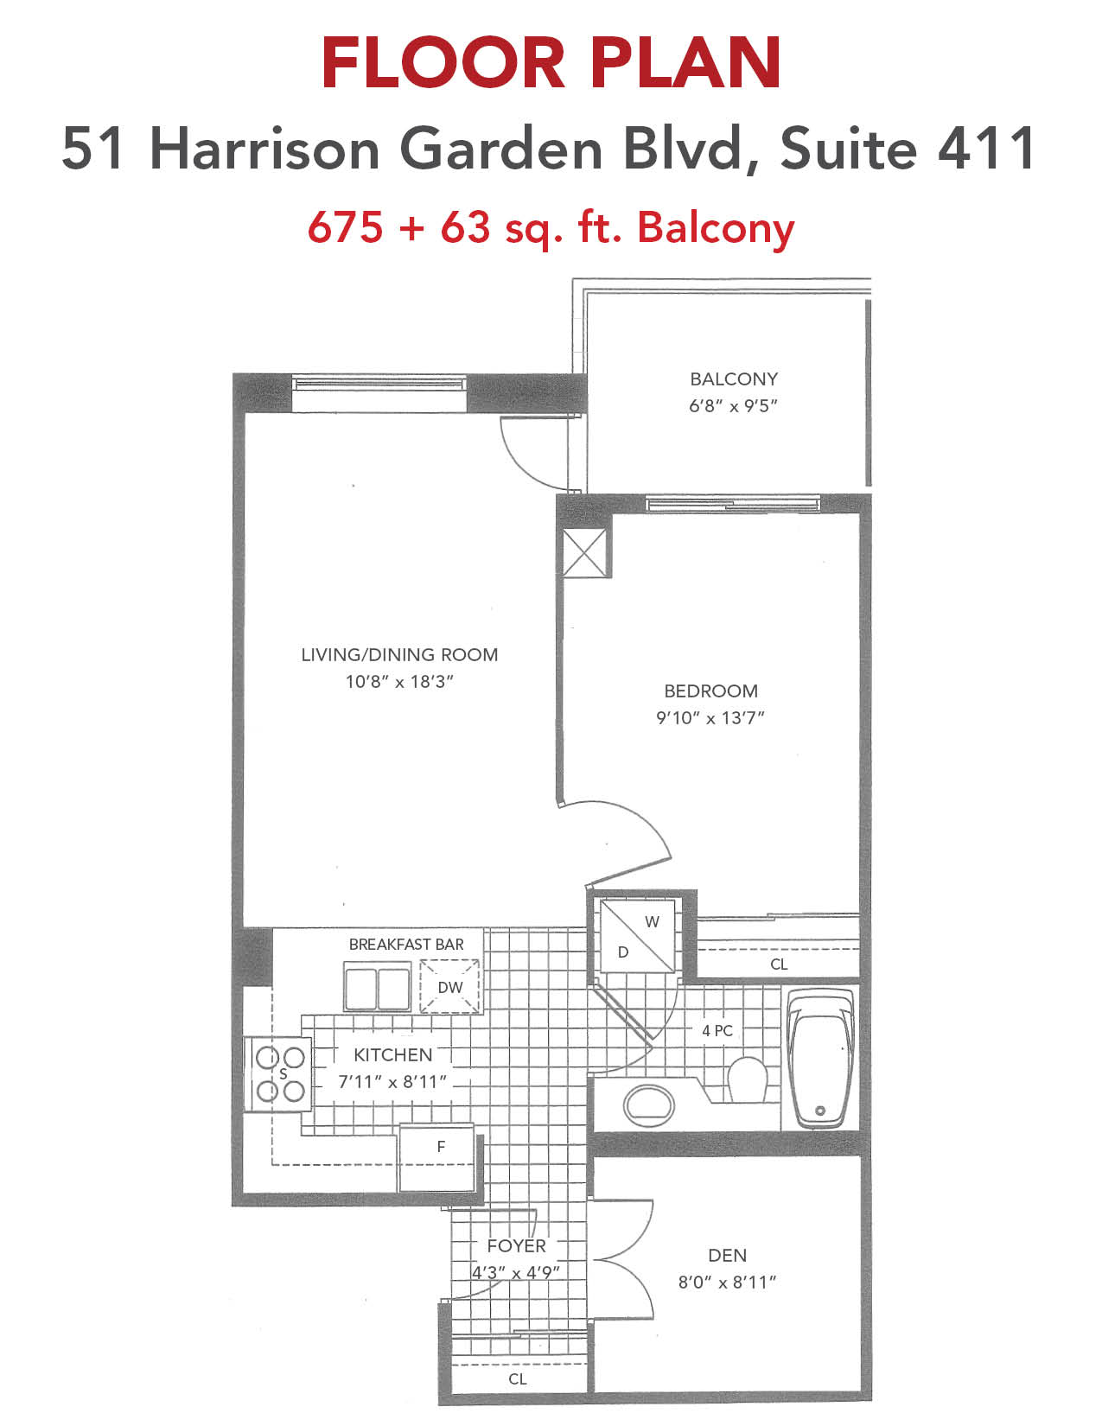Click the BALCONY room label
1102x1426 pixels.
733,379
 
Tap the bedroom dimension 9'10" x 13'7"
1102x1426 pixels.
710,718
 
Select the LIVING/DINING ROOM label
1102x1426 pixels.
399,654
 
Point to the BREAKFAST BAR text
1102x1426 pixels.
406,945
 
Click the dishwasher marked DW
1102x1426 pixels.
449,986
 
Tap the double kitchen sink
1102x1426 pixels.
378,987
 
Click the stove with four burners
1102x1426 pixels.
277,1074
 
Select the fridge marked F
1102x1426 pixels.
436,1160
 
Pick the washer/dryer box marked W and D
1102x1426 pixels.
637,937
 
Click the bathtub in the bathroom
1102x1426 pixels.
820,1060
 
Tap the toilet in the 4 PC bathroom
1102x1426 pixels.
748,1079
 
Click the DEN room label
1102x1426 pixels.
727,1256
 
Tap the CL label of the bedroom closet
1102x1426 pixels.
779,964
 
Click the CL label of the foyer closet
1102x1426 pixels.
517,1378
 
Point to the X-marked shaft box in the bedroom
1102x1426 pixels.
585,552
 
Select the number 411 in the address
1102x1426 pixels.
987,149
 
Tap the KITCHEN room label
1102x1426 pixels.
392,1054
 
